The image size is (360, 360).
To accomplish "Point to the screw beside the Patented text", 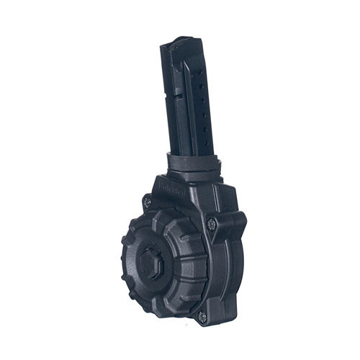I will [x=147, y=203].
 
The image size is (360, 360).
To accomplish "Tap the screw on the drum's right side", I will [x=211, y=225].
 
